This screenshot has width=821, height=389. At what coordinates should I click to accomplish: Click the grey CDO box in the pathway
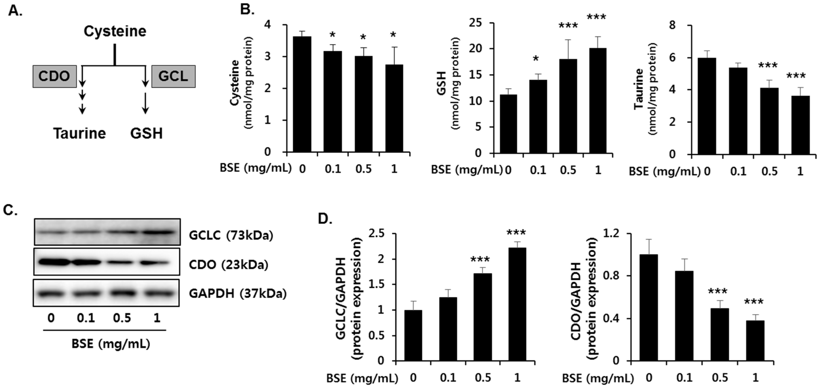(54, 76)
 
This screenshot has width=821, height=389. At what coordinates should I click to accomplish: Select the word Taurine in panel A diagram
(79, 133)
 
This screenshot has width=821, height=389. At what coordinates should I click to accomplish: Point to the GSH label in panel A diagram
(146, 133)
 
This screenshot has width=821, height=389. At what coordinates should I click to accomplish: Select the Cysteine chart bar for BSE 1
(394, 108)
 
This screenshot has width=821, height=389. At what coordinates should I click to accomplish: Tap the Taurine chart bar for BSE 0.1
(738, 112)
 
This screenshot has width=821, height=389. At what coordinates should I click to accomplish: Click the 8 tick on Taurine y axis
(676, 25)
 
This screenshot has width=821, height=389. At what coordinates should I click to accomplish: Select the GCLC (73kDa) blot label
(231, 236)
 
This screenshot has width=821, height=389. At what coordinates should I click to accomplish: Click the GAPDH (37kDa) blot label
(238, 293)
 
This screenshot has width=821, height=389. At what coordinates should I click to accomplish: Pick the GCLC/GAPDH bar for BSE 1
(517, 304)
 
